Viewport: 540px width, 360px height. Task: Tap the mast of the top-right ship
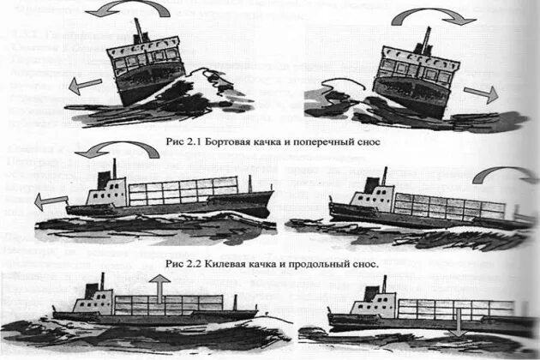[425, 39]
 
